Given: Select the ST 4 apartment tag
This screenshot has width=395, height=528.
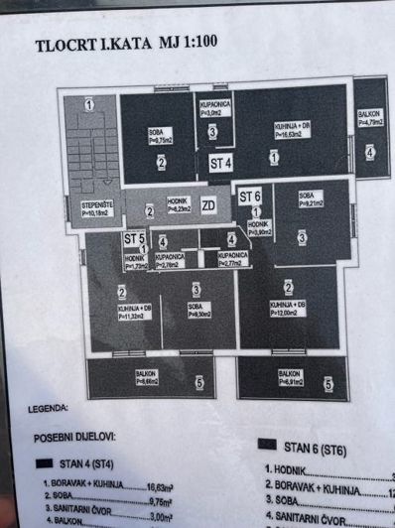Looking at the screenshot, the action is pyautogui.click(x=219, y=162).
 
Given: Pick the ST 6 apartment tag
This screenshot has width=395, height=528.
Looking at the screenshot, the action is pyautogui.click(x=249, y=197).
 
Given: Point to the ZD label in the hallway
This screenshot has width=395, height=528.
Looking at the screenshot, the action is pyautogui.click(x=208, y=206).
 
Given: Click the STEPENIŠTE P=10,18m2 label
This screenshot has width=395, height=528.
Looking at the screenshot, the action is pyautogui.click(x=96, y=208).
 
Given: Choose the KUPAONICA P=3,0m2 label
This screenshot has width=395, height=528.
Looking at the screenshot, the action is pyautogui.click(x=215, y=108).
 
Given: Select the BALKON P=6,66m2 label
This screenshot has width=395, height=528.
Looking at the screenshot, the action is pyautogui.click(x=145, y=377).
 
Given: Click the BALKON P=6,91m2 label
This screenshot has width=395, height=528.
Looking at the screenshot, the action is pyautogui.click(x=289, y=377).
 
